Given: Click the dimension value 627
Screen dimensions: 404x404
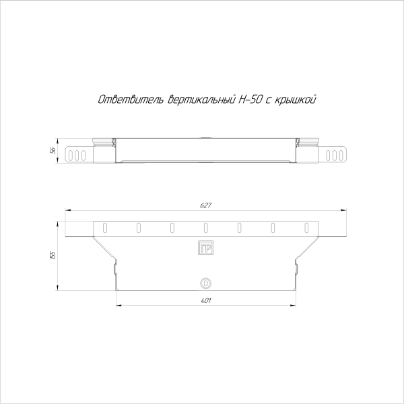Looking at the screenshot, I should coord(205,205).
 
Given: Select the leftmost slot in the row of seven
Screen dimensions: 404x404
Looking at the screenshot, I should coord(104,227).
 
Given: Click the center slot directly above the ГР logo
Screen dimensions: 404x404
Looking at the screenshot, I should coord(206,227).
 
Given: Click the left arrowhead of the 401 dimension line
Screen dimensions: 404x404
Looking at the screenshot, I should coord(119,306).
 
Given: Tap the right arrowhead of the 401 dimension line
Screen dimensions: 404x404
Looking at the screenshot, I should coord(294,306).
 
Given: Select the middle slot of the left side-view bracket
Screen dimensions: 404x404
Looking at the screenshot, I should coord(75,155).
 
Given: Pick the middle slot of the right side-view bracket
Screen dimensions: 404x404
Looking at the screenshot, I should coord(335,155).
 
